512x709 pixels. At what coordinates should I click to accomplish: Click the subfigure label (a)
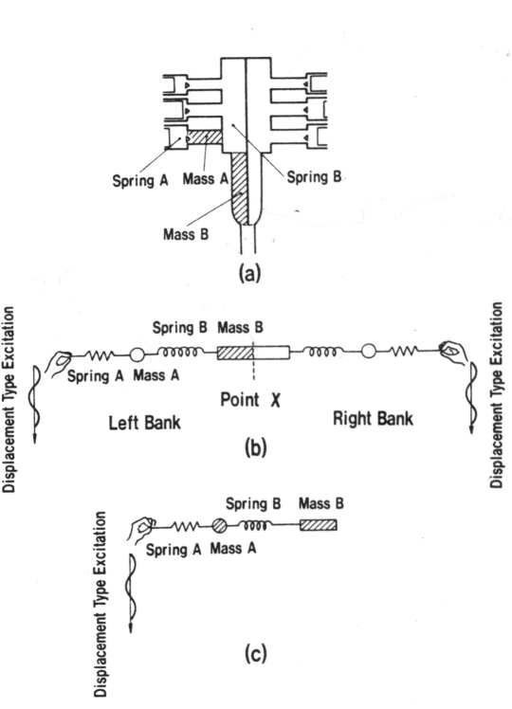coord(249,274)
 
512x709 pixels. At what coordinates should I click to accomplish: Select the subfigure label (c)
coord(256,653)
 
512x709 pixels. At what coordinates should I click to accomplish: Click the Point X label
coord(250,400)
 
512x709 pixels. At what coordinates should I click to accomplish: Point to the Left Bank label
coord(145,423)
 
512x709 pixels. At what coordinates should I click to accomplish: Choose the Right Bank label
coord(374,418)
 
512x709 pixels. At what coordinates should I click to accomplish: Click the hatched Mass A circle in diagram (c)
coord(219,525)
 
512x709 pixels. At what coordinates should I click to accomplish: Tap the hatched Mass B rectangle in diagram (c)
coord(319,525)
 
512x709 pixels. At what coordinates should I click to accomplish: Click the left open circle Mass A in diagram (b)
coord(137,355)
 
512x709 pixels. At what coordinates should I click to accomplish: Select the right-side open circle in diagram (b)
coord(369,351)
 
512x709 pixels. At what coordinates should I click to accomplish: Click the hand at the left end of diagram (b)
coord(60,363)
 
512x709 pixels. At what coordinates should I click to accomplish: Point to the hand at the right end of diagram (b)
coord(453,352)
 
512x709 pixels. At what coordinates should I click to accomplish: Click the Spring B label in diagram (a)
coord(314,177)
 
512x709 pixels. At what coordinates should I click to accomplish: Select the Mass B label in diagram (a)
coord(186,235)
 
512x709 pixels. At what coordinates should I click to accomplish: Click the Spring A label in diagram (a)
coord(140,180)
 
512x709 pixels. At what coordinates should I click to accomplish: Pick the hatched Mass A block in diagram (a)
coord(205,137)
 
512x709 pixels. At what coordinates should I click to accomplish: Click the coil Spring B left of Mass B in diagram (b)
coord(180,352)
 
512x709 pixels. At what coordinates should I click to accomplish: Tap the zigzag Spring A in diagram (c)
coord(185,526)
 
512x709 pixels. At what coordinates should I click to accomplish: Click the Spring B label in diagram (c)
coord(253,503)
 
